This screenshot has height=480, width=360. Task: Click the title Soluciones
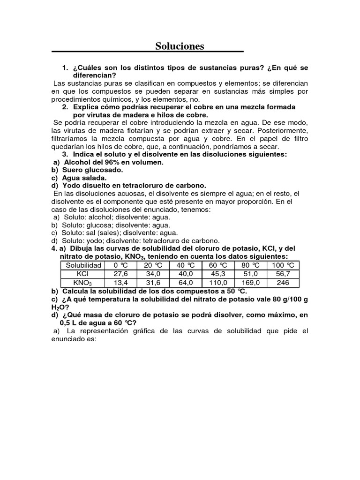point(180,46)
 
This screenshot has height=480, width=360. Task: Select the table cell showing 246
point(283,283)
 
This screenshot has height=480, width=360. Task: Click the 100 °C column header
point(283,265)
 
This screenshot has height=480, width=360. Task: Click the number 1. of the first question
point(65,67)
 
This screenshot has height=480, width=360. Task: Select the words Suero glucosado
point(93,170)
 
